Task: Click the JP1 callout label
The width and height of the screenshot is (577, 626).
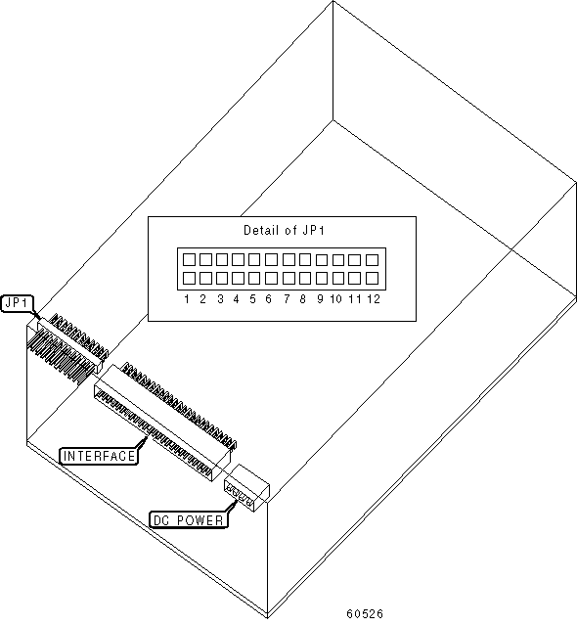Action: pos(18,303)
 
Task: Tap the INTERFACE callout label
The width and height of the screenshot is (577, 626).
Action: pos(99,456)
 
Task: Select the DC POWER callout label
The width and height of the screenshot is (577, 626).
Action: pos(189,520)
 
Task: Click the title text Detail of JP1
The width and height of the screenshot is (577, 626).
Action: pos(284,231)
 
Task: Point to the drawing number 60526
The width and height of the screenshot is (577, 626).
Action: pos(365,613)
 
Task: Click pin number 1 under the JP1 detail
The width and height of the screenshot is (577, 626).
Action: pos(187,299)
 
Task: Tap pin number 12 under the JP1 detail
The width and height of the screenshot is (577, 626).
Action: pos(374,299)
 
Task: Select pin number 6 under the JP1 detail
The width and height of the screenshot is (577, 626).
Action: pos(269,299)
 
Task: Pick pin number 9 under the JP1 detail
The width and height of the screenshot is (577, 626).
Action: pos(320,299)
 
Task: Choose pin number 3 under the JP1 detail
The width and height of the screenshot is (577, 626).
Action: pos(220,299)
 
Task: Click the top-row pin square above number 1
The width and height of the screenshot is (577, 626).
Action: pos(189,260)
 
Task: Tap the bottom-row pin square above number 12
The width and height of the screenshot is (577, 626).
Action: pos(372,278)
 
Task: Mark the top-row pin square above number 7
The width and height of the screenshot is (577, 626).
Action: pos(288,260)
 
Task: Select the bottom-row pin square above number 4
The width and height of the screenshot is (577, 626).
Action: pos(239,278)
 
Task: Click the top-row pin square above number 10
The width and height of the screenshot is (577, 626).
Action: pos(338,260)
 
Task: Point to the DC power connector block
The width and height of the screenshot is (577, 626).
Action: pos(246,488)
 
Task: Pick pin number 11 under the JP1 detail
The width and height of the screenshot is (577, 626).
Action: pos(355,299)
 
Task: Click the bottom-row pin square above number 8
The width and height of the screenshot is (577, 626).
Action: pos(305,278)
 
